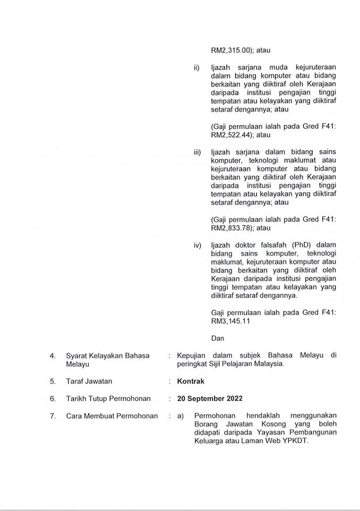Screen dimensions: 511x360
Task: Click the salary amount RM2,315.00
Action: point(233,51)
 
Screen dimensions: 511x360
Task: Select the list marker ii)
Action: point(197,68)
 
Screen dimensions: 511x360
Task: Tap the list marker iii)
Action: point(197,152)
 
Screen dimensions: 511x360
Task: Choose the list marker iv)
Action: point(197,245)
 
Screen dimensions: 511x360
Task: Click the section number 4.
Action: point(53,356)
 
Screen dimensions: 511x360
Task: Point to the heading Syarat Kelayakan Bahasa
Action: point(108,356)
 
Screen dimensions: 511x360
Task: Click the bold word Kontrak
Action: point(191,381)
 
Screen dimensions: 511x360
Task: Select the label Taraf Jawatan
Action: point(89,381)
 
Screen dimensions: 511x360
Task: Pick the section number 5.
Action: point(53,381)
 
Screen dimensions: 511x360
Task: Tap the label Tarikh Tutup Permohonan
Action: point(108,399)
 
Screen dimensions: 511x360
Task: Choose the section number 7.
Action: point(53,416)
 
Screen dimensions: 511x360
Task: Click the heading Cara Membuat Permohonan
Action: point(112,416)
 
